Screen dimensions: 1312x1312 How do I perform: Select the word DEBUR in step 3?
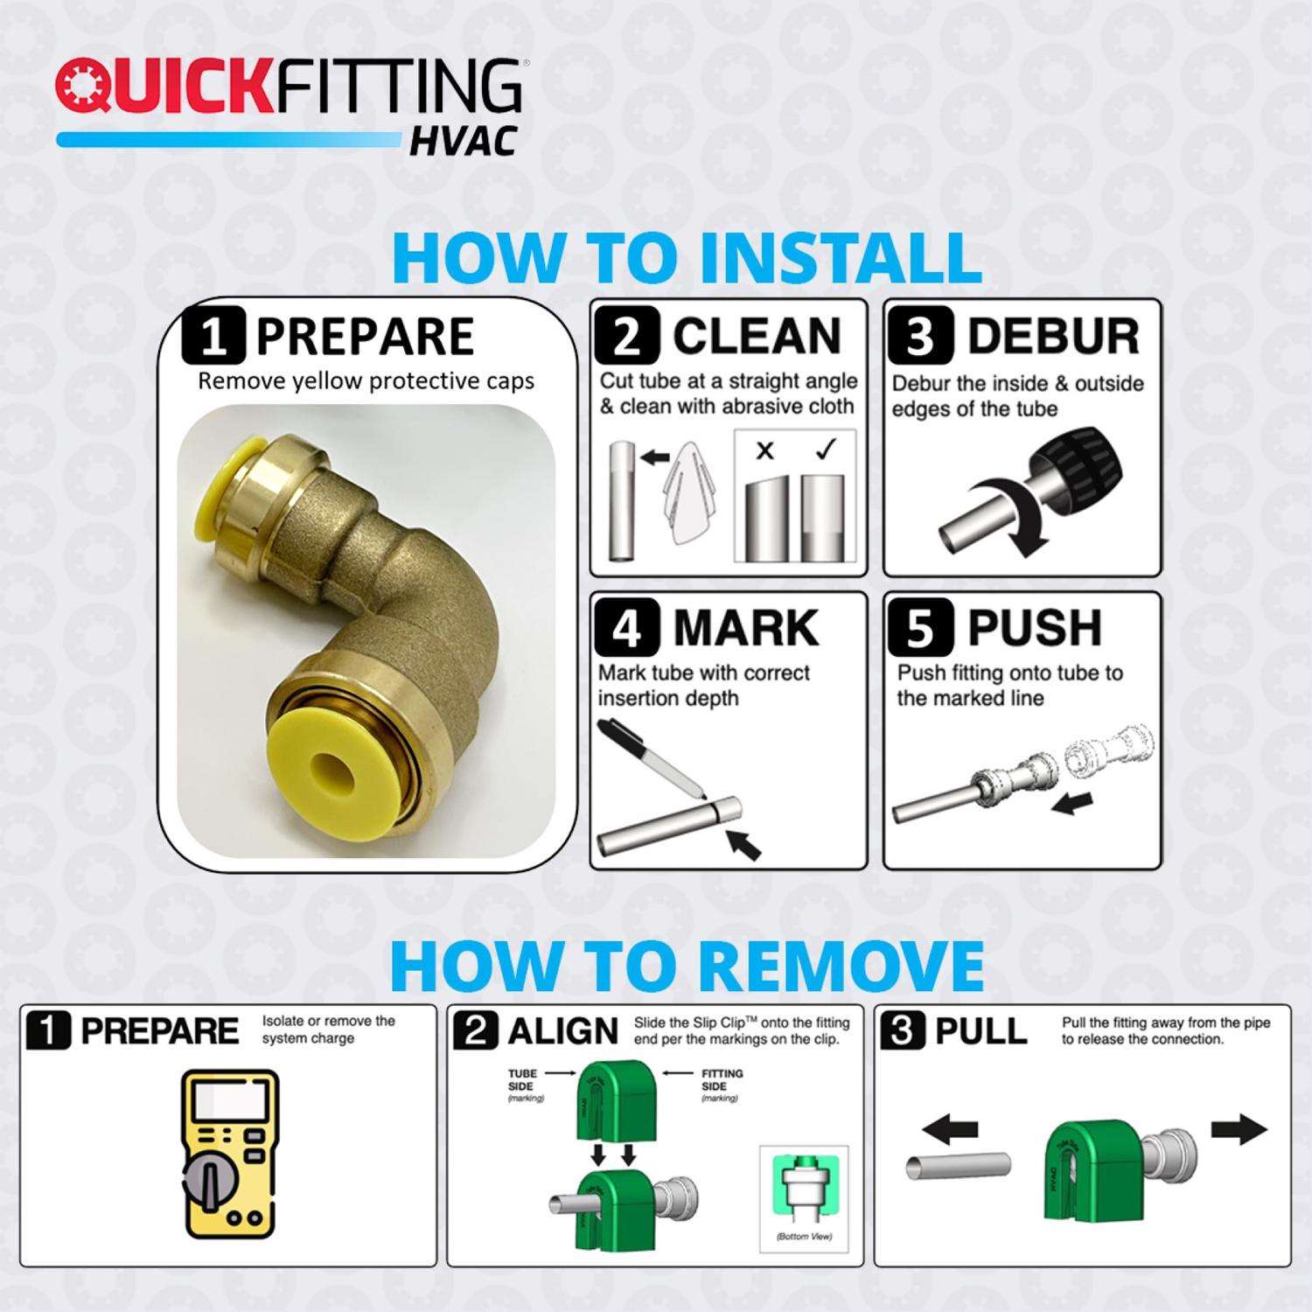point(1053,337)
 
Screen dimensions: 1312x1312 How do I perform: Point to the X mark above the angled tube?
point(765,451)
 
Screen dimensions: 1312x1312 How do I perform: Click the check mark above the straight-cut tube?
point(825,449)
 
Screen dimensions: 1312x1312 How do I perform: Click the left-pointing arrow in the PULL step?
point(948,1131)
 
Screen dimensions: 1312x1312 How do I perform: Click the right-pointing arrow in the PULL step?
point(1239,1129)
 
